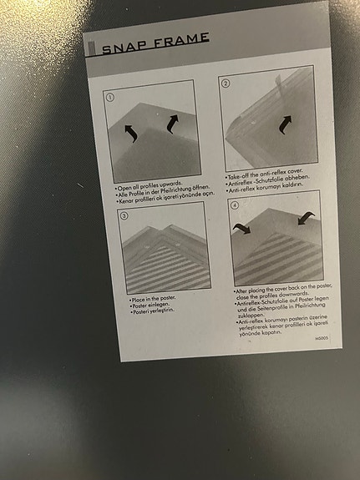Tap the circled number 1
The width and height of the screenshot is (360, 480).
click(109, 97)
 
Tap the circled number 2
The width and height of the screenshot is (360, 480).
click(225, 83)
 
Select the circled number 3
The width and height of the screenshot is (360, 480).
click(124, 216)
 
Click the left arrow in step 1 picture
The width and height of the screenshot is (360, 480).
click(130, 132)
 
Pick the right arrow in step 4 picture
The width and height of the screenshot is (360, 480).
click(304, 219)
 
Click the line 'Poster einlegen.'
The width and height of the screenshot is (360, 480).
click(151, 305)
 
